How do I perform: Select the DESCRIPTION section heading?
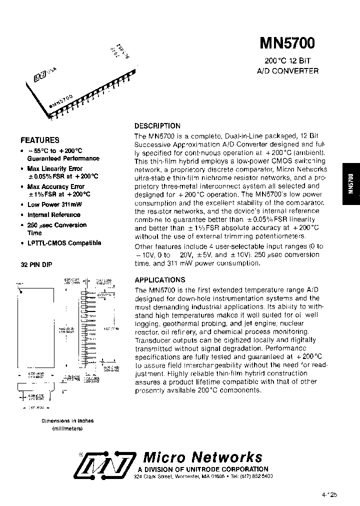tap(157, 126)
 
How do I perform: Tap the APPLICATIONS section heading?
tap(160, 280)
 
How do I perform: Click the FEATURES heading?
tap(39, 140)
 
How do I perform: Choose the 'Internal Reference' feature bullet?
tap(53, 214)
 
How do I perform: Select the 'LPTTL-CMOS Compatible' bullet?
tap(64, 243)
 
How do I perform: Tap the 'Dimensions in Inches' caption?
tap(67, 421)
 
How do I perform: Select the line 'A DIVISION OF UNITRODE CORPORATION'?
tap(203, 469)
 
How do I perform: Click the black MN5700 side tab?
tap(350, 184)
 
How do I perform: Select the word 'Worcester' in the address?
tap(188, 477)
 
